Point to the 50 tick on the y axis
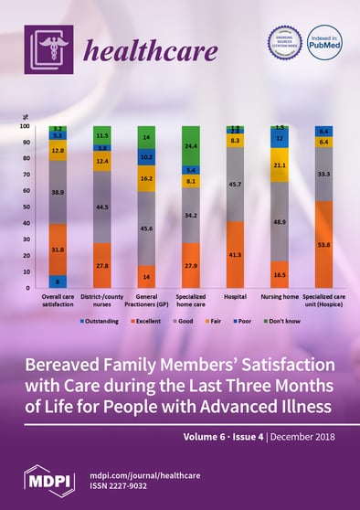[33, 207]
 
